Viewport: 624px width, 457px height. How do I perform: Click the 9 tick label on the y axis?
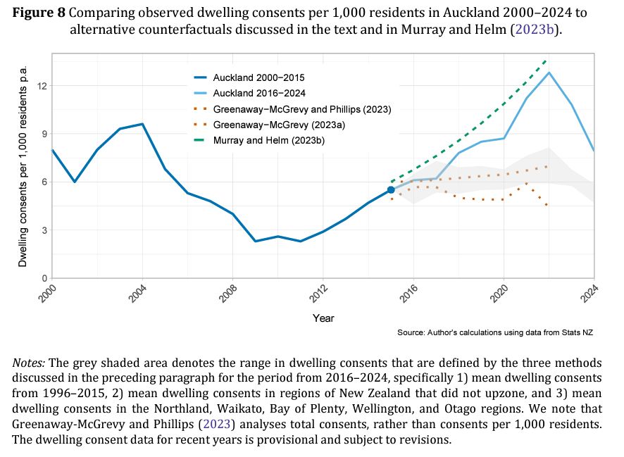coord(44,134)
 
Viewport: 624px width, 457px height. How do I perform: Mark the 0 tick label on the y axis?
coord(44,278)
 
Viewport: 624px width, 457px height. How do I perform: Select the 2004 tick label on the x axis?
coord(137,294)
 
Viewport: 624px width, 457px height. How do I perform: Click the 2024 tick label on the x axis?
coord(590,294)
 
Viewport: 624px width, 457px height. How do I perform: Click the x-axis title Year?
coord(323,318)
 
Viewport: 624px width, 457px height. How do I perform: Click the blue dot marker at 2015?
coord(391,190)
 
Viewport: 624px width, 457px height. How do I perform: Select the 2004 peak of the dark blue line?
coord(142,124)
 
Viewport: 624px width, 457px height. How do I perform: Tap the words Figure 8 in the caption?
coord(39,13)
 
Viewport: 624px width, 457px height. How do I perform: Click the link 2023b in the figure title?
coord(533,29)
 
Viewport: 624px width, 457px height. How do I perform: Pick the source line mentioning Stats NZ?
coord(495,332)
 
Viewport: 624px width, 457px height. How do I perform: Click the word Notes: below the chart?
coord(29,363)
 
